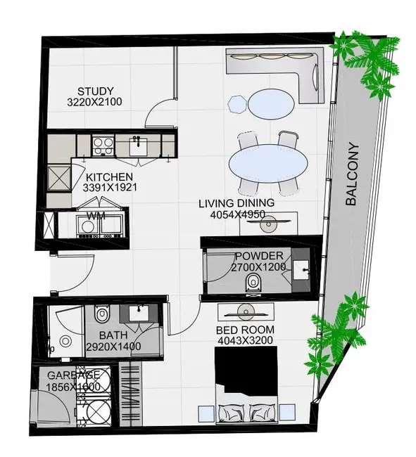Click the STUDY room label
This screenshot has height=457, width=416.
[x=96, y=91]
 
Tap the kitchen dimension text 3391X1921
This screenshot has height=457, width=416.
[x=110, y=188]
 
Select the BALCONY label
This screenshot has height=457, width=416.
[x=351, y=174]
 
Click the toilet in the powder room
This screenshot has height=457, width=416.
[x=252, y=283]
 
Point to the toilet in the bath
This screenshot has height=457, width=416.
[x=101, y=314]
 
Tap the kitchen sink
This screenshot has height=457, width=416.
[x=139, y=146]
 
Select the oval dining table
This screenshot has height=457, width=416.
[x=268, y=164]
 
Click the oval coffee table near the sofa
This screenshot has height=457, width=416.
[x=271, y=104]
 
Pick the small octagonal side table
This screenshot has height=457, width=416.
[x=238, y=104]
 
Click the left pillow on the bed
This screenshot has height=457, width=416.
[x=233, y=413]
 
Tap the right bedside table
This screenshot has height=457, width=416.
[x=287, y=413]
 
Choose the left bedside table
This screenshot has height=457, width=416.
[x=206, y=413]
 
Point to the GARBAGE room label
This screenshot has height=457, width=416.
[x=73, y=375]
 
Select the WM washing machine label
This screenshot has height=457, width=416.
[x=96, y=216]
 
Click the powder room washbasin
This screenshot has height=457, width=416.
[x=301, y=270]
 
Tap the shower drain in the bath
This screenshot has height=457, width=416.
[x=65, y=341]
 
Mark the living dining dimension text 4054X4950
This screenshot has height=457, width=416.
[x=237, y=215]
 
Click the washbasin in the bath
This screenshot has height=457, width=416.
[x=139, y=313]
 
